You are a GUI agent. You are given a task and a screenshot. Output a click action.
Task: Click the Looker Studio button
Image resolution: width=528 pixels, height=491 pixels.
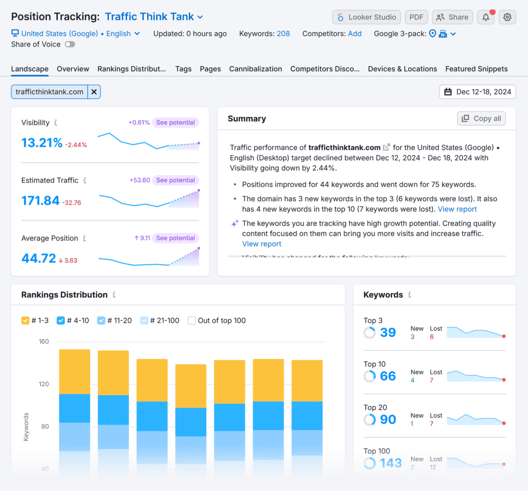[366, 17]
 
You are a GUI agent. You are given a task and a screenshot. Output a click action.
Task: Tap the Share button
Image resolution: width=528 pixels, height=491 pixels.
[452, 17]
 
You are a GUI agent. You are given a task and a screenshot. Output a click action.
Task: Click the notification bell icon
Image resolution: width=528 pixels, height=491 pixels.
[486, 17]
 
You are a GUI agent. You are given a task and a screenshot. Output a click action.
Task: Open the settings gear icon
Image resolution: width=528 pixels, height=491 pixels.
[507, 17]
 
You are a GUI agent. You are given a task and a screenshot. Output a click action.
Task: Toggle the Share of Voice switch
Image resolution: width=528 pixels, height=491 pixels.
[70, 44]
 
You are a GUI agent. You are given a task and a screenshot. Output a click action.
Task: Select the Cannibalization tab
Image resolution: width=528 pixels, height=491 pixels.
[255, 69]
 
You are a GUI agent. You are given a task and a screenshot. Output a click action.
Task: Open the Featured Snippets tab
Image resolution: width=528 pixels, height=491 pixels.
[476, 69]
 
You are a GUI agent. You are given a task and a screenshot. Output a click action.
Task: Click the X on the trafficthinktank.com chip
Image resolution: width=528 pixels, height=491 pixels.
[94, 92]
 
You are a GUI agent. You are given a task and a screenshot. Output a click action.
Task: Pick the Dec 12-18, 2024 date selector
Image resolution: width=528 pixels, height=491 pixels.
[477, 92]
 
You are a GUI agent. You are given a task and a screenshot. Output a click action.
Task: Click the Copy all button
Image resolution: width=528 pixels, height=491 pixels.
[482, 118]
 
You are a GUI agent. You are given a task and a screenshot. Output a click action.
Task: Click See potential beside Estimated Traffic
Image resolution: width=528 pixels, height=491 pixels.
[175, 180]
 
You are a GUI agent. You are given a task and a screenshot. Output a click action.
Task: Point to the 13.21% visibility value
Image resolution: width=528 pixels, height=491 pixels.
[42, 143]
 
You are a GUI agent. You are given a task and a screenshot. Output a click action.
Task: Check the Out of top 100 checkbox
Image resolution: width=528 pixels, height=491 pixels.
[192, 320]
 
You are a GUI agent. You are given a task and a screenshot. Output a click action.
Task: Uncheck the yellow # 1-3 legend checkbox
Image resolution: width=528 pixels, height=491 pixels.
[25, 320]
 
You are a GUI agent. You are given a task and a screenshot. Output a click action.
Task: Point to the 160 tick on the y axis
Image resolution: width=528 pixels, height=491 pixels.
[43, 342]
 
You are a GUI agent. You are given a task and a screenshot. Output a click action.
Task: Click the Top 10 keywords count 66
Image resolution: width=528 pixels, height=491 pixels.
[388, 376]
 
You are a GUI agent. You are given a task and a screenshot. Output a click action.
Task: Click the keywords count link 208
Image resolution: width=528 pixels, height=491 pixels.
[283, 33]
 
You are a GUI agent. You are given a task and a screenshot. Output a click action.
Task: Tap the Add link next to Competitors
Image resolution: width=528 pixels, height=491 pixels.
[355, 33]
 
